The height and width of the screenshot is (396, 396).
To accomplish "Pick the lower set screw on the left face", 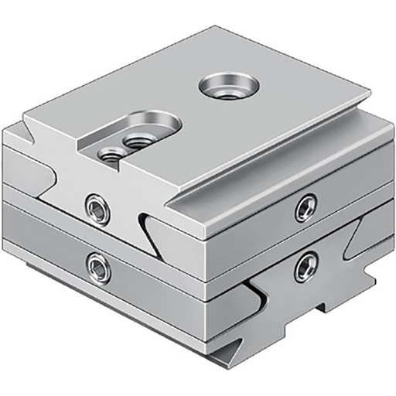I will coord(98,268).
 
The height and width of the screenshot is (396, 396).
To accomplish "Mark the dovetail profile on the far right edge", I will coord(364,240).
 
